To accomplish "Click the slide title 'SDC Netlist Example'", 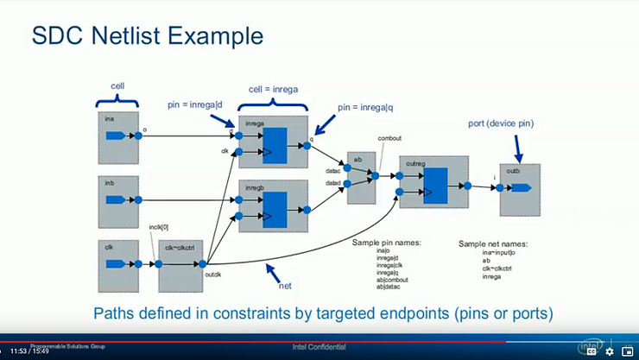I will pyautogui.click(x=147, y=37).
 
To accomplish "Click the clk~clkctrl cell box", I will pyautogui.click(x=182, y=267).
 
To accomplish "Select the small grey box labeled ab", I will pyautogui.click(x=360, y=178).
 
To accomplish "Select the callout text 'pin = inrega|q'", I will pyautogui.click(x=370, y=107).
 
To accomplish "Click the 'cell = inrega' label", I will pyautogui.click(x=275, y=89).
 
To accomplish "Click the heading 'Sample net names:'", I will pyautogui.click(x=493, y=243).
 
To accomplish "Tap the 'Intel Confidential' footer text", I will pyautogui.click(x=320, y=347).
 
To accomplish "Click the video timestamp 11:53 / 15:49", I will pyautogui.click(x=29, y=351).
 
